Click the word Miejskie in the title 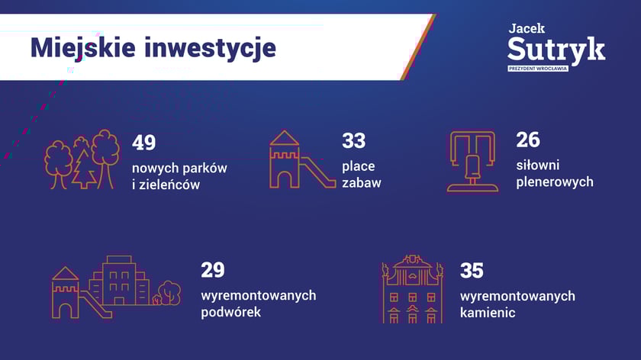coord(83,49)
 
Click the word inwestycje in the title coord(211,49)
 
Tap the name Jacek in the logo coord(527,29)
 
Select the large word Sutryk coord(556,50)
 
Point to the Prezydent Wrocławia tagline coord(537,69)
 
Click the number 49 coord(143,143)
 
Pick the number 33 coord(353,141)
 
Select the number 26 coord(528,140)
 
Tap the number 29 coord(213,270)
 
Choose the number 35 coord(472,271)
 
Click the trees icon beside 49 coord(82,159)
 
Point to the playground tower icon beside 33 coord(302,159)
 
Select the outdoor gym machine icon coord(472,161)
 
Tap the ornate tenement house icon coord(413,289)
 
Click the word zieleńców coord(169,185)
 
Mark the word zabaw coord(362,182)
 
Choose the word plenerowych coord(555,182)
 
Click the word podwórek coord(231,312)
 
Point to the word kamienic coord(488,313)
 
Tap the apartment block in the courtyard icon coord(119,281)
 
